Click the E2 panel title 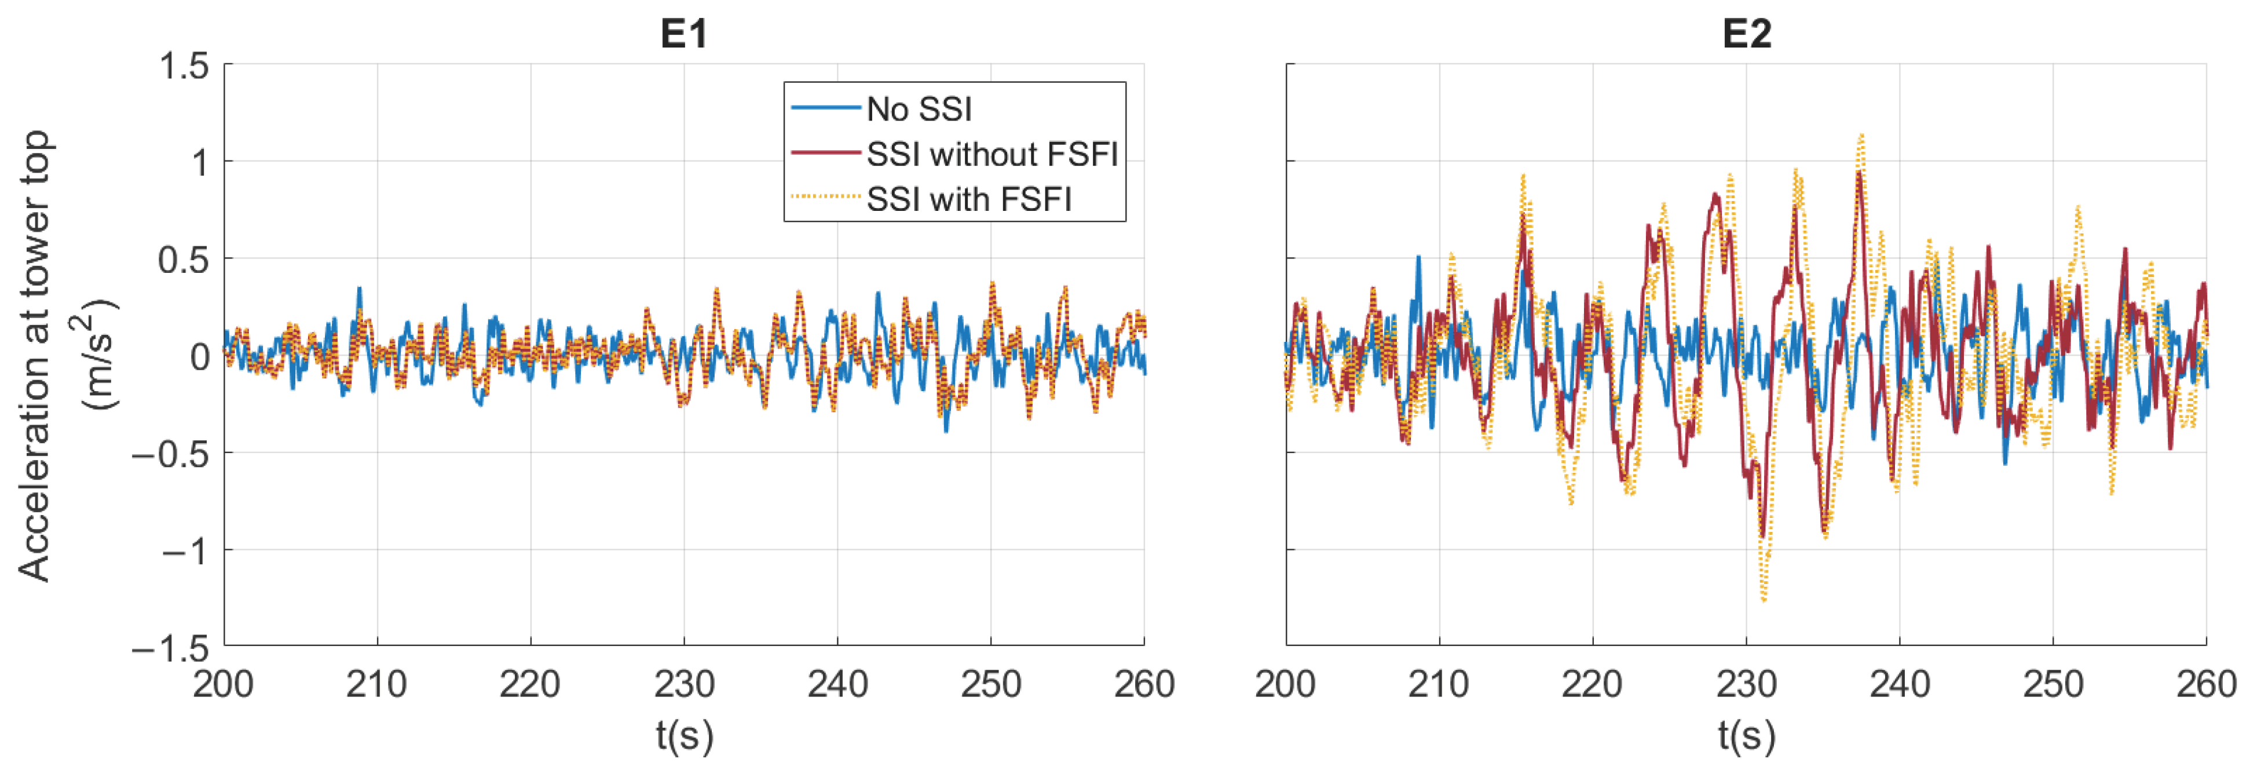pyautogui.click(x=1746, y=33)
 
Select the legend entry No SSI pyautogui.click(x=919, y=110)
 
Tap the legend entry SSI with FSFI pyautogui.click(x=968, y=199)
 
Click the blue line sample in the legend pyautogui.click(x=825, y=108)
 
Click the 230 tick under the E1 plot pyautogui.click(x=684, y=684)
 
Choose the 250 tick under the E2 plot pyautogui.click(x=2053, y=684)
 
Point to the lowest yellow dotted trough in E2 pyautogui.click(x=1764, y=600)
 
